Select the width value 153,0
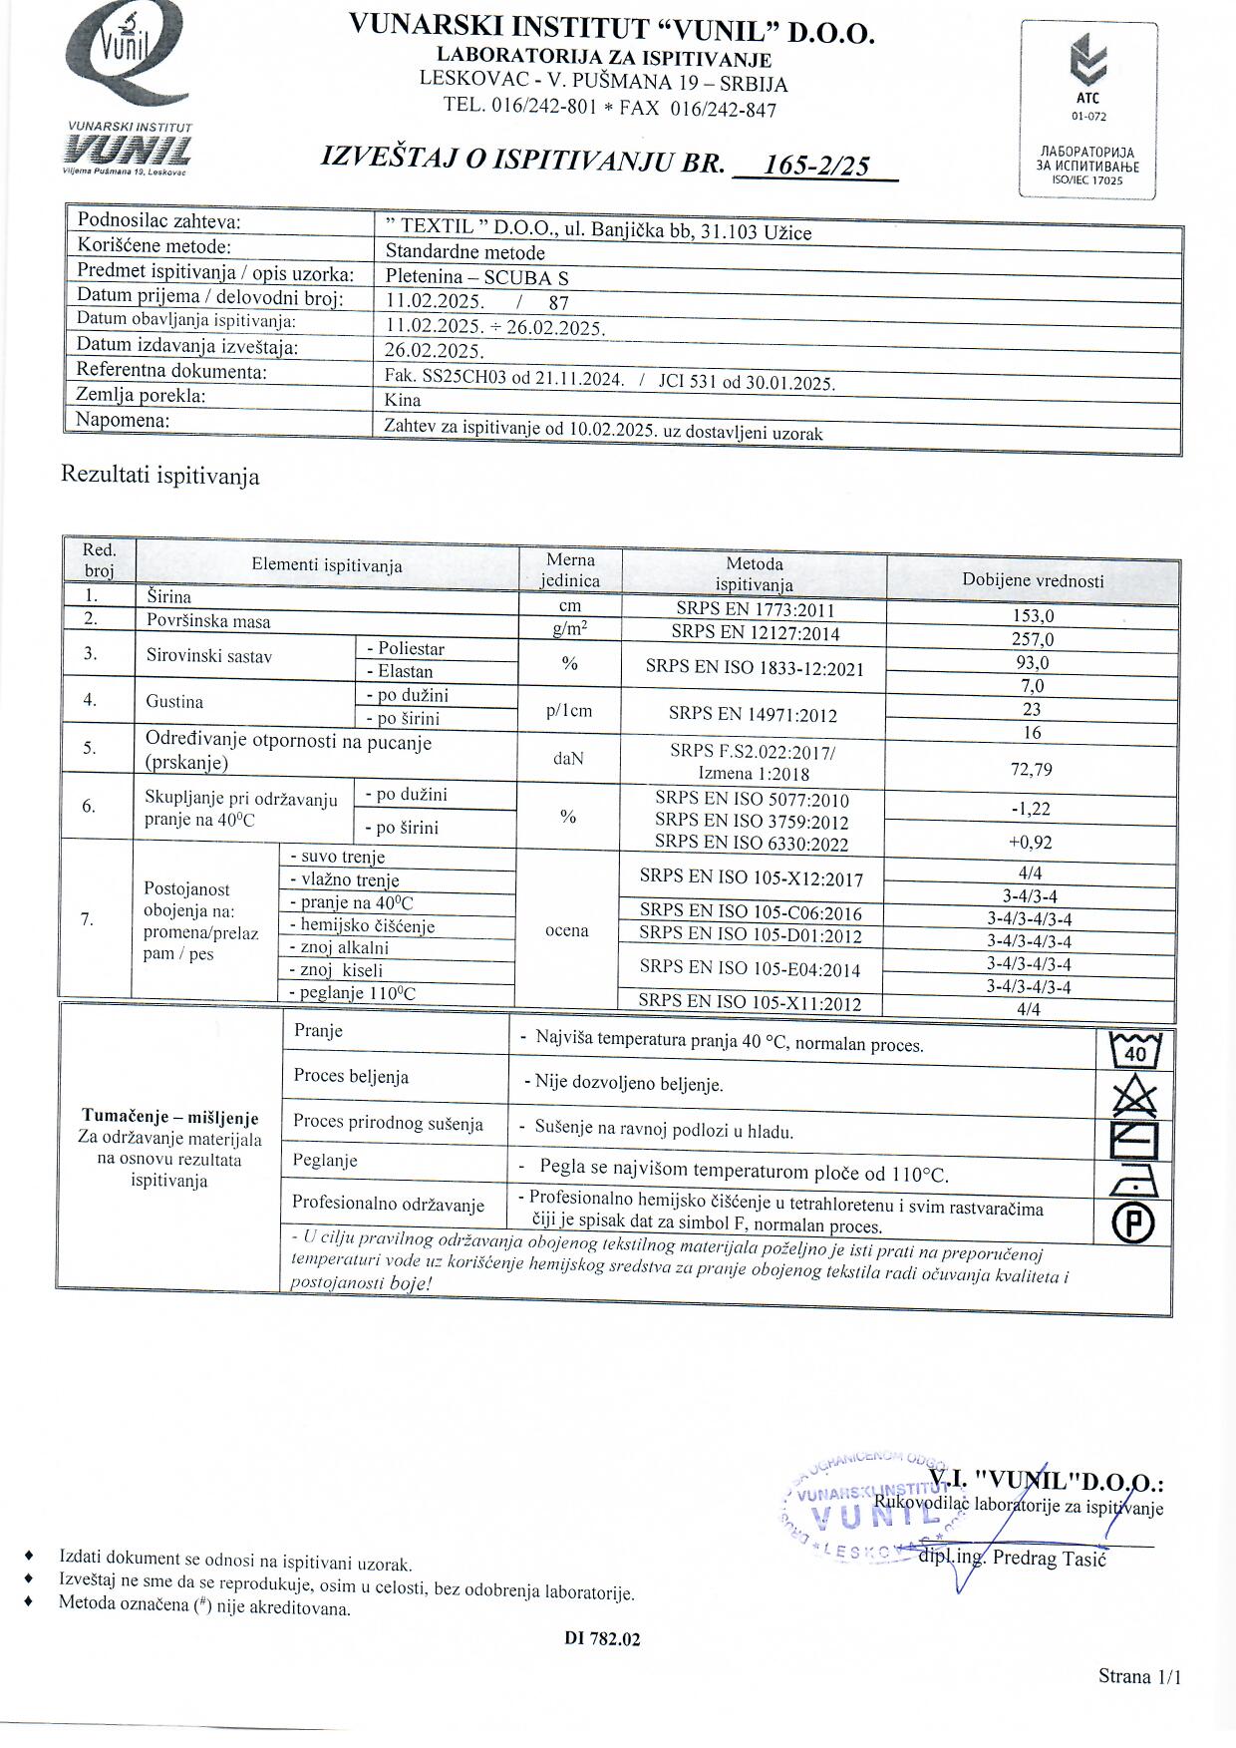click(1032, 616)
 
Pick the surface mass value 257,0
click(1032, 639)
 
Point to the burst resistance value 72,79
click(1030, 769)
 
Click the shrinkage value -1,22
click(1030, 809)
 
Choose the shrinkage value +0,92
click(1030, 842)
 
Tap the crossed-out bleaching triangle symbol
click(1134, 1097)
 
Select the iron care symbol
click(1134, 1182)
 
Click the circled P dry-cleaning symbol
click(1134, 1223)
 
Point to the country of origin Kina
click(403, 400)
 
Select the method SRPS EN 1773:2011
click(754, 609)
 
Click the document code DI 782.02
click(602, 1638)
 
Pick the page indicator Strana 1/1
click(1139, 1675)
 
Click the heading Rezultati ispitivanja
click(160, 476)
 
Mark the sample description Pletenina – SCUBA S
click(476, 277)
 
